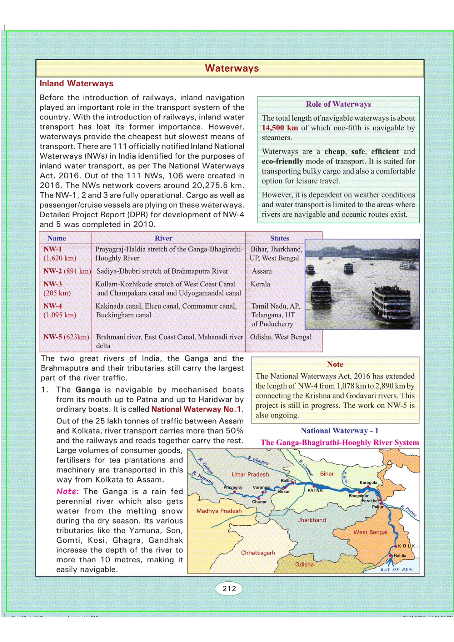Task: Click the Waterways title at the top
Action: click(231, 68)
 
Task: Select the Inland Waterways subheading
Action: click(76, 83)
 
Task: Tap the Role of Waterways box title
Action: click(338, 104)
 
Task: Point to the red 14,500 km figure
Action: click(280, 128)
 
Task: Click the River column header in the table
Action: click(163, 238)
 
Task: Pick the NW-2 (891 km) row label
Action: click(67, 271)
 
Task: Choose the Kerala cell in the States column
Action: click(260, 284)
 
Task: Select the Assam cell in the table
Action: click(262, 271)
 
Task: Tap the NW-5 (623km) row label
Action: click(66, 337)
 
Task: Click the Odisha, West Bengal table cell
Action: click(281, 337)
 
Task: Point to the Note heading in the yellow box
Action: click(335, 364)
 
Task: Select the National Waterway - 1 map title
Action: click(339, 431)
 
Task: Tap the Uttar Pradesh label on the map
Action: click(250, 474)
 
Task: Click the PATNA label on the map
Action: click(315, 490)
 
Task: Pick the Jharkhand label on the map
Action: click(311, 520)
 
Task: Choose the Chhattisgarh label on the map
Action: click(258, 553)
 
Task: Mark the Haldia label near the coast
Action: click(400, 556)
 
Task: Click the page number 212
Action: click(229, 588)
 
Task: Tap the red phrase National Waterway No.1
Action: click(196, 409)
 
